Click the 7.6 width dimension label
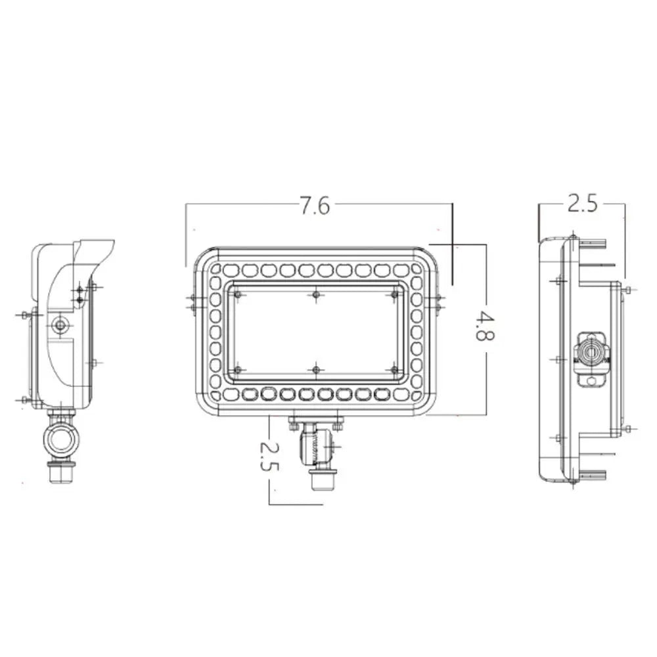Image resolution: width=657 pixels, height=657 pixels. coord(315,206)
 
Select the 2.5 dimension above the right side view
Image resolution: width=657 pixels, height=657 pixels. coord(582,204)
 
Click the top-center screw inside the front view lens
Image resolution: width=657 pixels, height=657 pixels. coord(316,295)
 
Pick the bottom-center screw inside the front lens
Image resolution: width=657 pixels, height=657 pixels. coord(316,371)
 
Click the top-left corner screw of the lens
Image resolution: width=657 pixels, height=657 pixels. coord(237,295)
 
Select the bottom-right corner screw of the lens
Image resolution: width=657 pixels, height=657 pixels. coord(394,371)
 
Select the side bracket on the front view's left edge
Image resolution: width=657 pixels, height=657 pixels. coord(193,302)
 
